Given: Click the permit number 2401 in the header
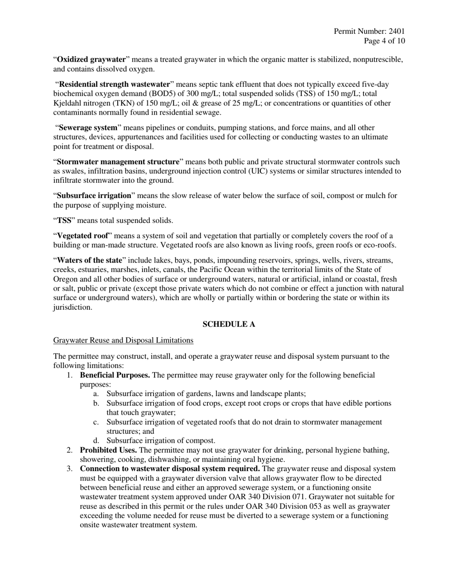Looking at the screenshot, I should (x=397, y=31).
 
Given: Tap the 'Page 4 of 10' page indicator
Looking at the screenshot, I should (x=384, y=41).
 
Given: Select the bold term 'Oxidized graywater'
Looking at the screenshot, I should (x=92, y=60).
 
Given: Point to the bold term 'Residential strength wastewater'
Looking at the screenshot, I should (x=114, y=84).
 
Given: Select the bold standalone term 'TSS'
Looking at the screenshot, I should (x=64, y=220).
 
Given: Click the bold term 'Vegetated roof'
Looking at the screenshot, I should (x=82, y=236).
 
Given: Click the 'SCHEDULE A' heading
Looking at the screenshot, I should (x=229, y=325).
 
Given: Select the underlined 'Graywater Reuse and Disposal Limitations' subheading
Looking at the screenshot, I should (x=123, y=340).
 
